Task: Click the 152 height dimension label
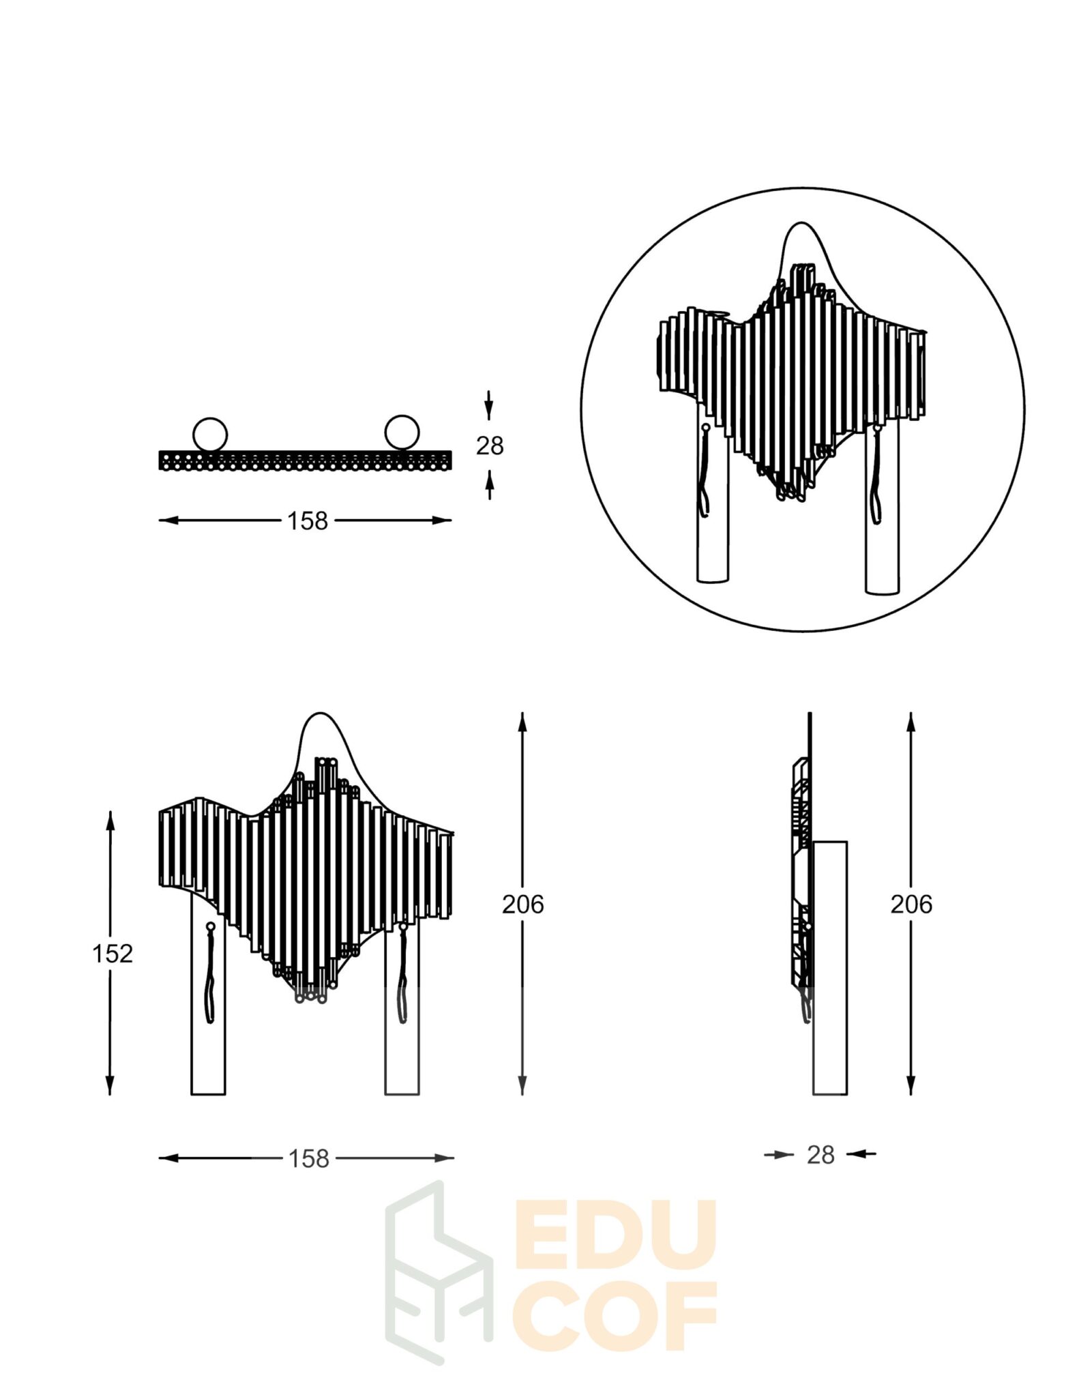[x=113, y=953]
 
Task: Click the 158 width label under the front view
[x=308, y=1158]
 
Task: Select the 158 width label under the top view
[x=307, y=521]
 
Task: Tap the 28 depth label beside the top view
[x=489, y=445]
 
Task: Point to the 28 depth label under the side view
[x=821, y=1155]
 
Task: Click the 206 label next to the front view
[x=523, y=905]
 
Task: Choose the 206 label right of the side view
[x=911, y=905]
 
